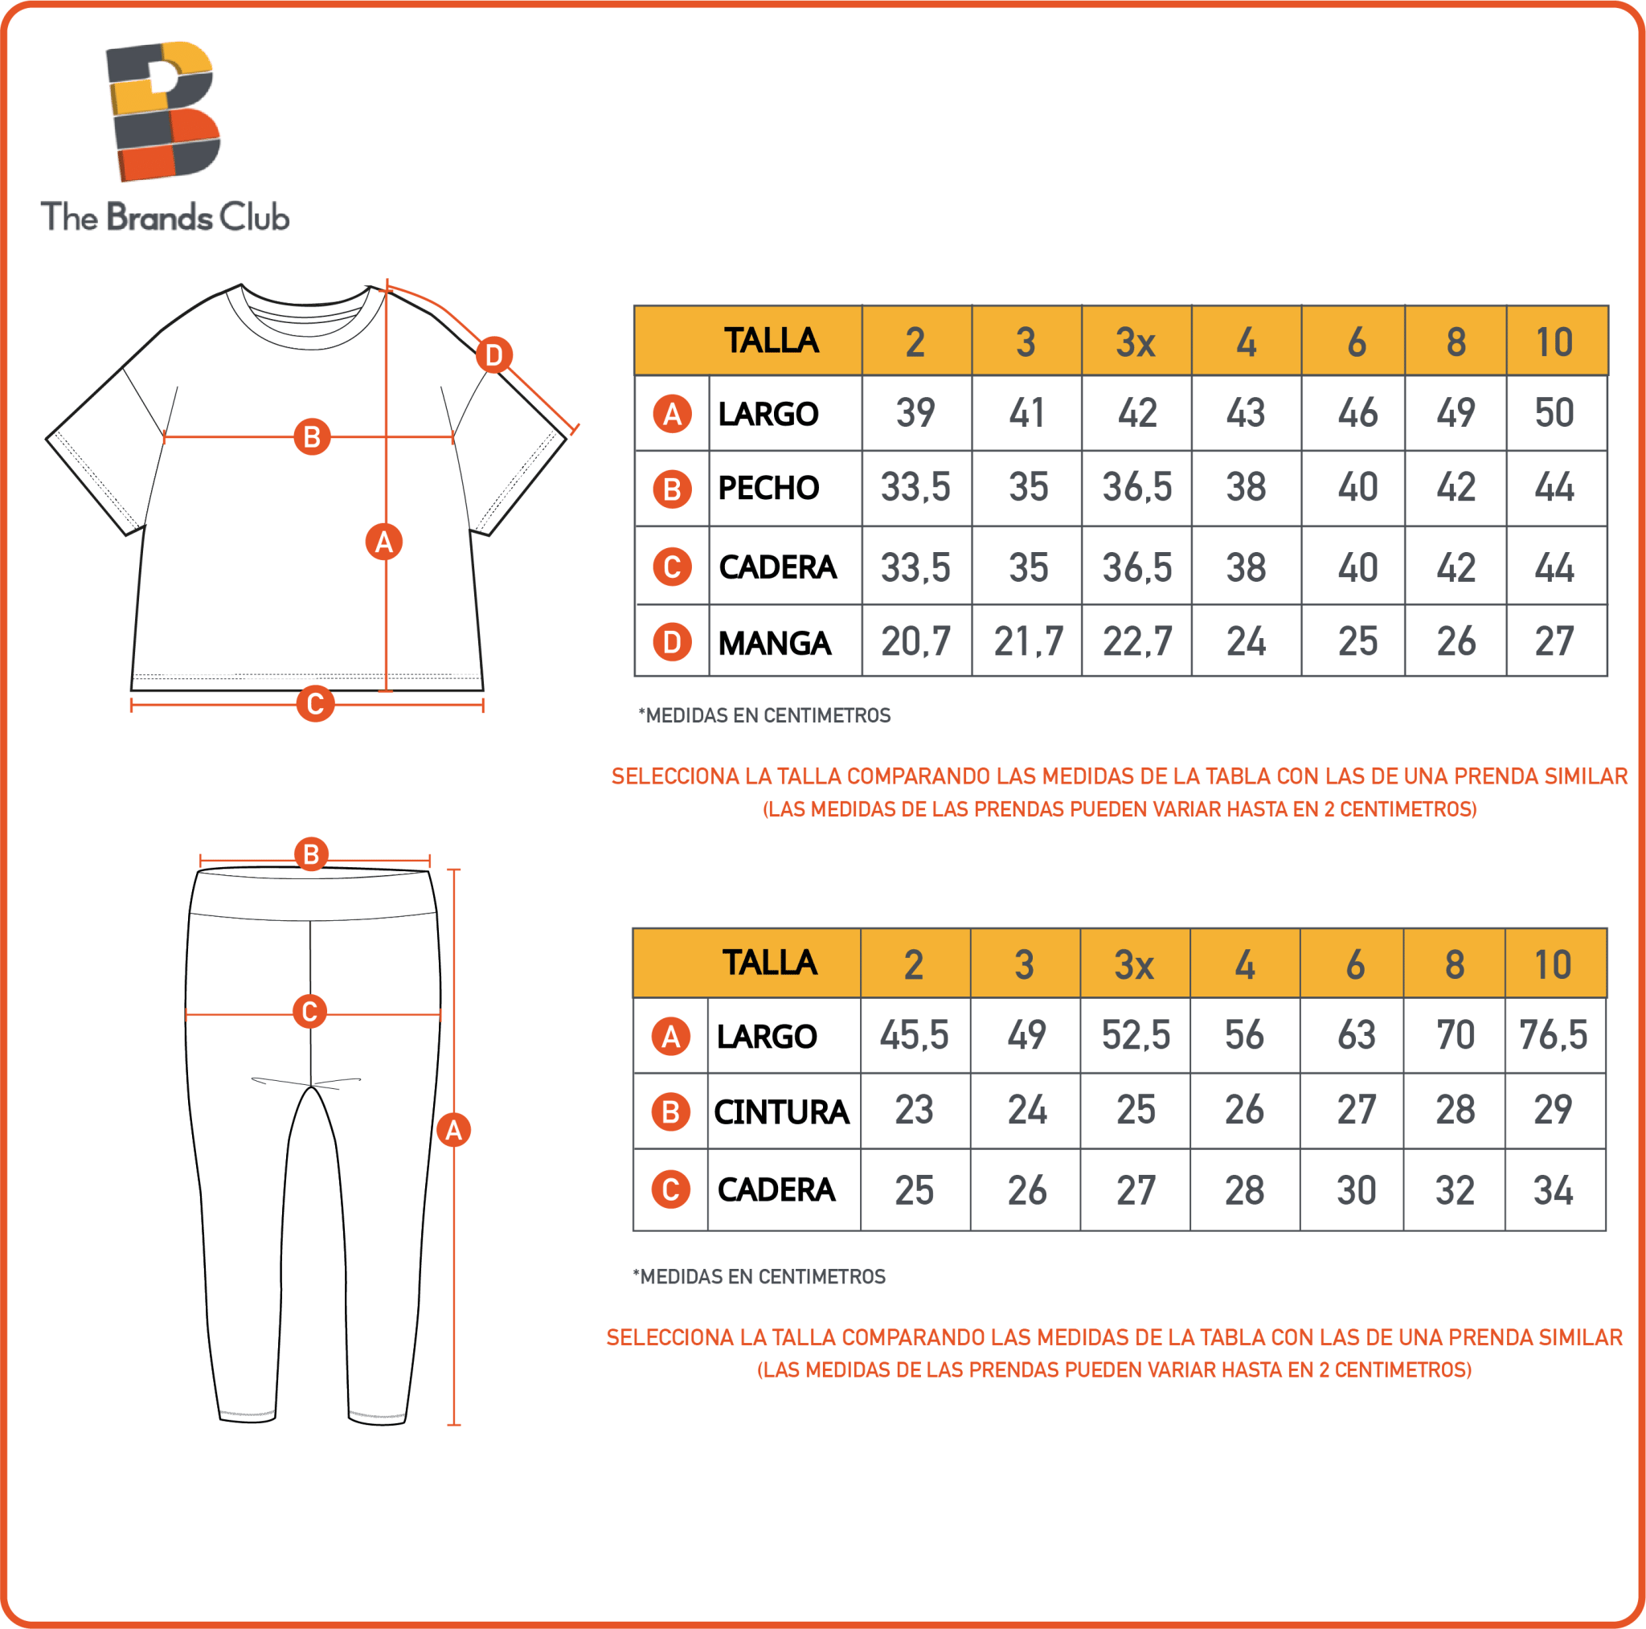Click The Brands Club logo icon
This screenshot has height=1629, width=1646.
click(x=162, y=111)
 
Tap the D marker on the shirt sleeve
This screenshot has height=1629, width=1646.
click(x=494, y=354)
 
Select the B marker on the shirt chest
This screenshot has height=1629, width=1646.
click(x=312, y=436)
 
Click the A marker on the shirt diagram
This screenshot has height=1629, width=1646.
click(x=383, y=541)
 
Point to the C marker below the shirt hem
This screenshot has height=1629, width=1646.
click(x=314, y=704)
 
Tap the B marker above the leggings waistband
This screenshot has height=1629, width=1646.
click(x=311, y=853)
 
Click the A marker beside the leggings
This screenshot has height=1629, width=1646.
click(x=453, y=1130)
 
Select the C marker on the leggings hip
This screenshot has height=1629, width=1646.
click(x=310, y=1011)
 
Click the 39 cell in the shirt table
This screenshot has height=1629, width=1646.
click(x=916, y=413)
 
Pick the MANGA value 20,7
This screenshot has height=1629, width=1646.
click(x=916, y=641)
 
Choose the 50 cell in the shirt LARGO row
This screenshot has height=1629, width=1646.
click(x=1554, y=413)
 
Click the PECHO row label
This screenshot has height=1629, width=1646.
click(x=768, y=488)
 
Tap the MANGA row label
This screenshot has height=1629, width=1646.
click(x=774, y=643)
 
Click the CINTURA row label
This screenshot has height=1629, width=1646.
click(x=781, y=1111)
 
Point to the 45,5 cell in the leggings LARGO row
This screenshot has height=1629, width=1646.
click(x=914, y=1035)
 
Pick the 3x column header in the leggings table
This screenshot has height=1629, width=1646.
click(x=1134, y=964)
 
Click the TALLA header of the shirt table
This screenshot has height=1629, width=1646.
click(x=771, y=341)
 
